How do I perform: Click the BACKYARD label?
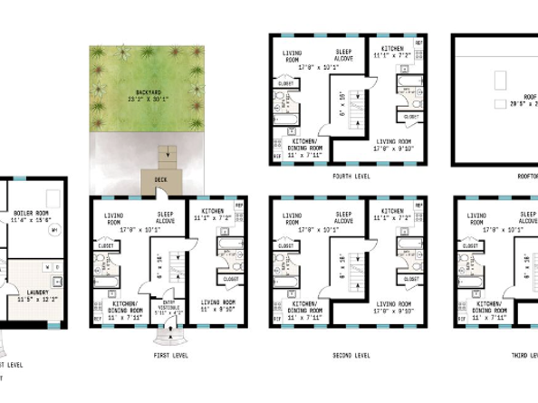pos(149,92)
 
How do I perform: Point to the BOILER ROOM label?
pos(30,213)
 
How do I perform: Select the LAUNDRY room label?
pos(37,292)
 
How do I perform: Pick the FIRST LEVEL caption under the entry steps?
pos(170,356)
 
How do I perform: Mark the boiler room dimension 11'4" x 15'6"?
pos(30,220)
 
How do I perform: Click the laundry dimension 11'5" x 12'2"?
pos(37,299)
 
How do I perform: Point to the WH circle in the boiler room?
pos(54,230)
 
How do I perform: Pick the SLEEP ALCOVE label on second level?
pos(344,219)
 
